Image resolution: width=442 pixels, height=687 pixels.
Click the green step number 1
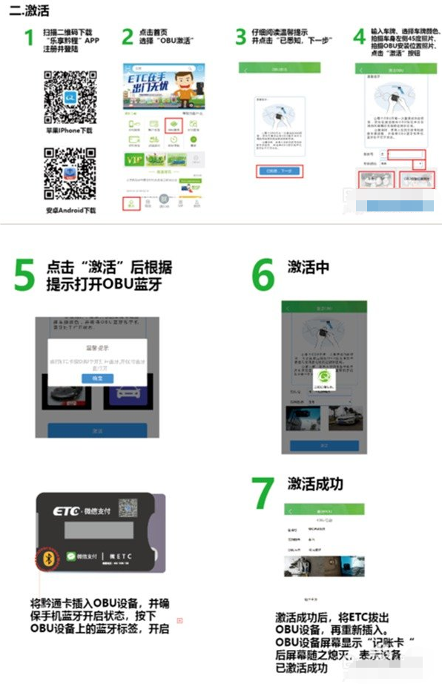(29, 38)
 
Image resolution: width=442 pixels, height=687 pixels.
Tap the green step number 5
(25, 275)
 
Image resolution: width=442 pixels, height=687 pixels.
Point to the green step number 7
(263, 493)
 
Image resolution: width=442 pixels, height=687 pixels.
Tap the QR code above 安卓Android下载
(70, 175)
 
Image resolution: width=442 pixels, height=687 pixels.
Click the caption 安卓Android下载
(70, 211)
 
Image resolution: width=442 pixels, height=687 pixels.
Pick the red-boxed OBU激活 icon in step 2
(173, 127)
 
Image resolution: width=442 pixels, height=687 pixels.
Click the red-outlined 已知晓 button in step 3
(280, 171)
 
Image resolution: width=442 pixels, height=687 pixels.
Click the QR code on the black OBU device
(128, 509)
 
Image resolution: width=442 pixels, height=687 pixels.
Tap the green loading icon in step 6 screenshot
(321, 378)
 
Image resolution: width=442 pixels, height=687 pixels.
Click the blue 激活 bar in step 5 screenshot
(97, 430)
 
